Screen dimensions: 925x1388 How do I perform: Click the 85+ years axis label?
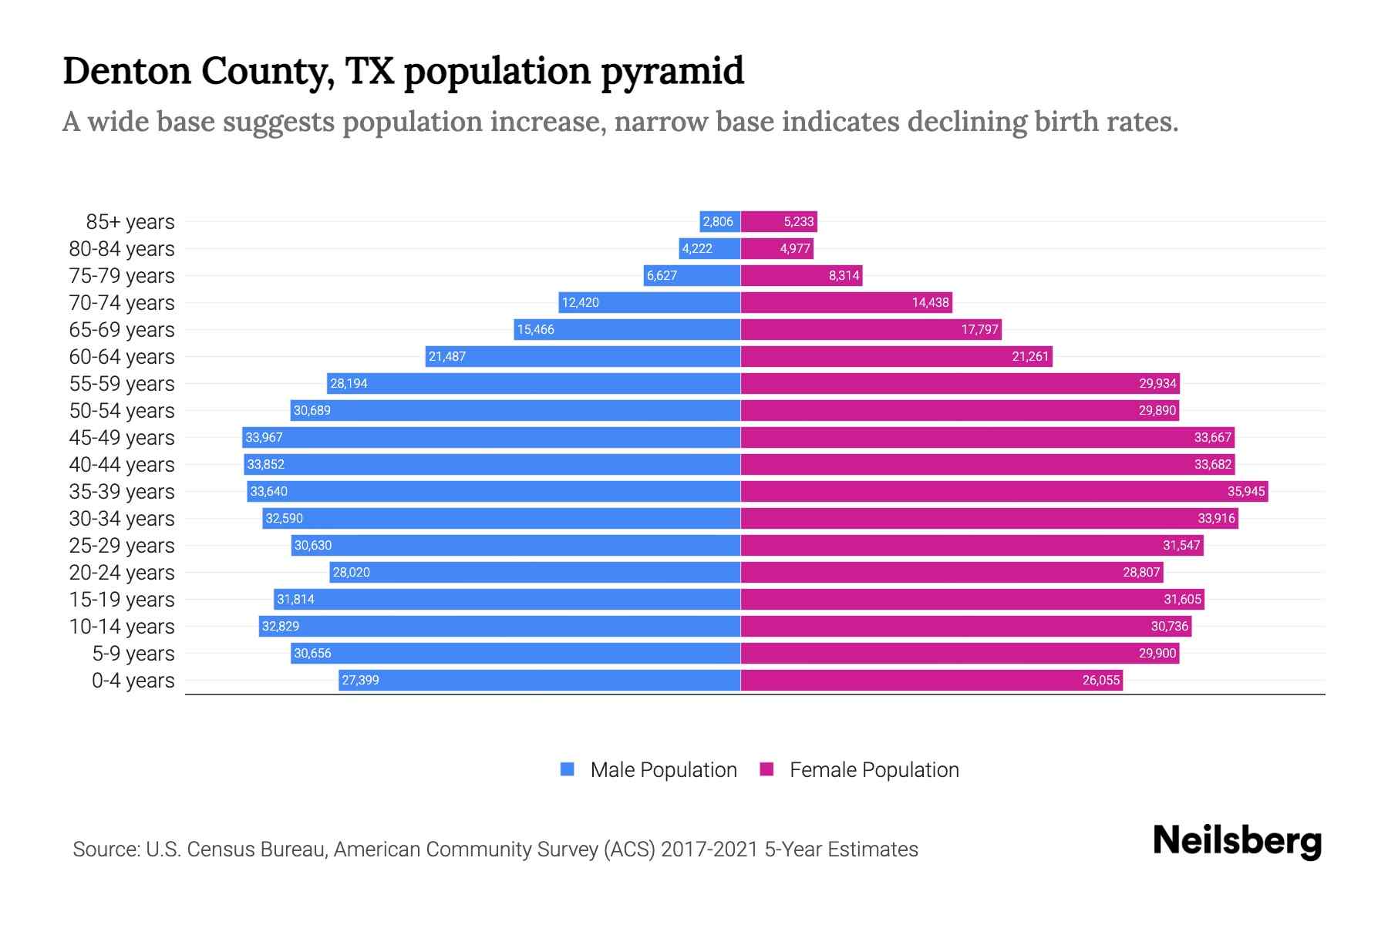(x=130, y=222)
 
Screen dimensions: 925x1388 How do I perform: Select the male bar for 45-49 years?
(x=491, y=438)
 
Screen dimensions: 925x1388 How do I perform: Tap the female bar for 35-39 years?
(x=1004, y=492)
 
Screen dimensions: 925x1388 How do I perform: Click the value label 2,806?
(x=718, y=222)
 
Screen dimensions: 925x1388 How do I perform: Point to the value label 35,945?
(x=1246, y=492)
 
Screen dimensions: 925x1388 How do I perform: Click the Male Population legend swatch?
(x=568, y=769)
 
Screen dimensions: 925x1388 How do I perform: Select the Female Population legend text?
(x=874, y=770)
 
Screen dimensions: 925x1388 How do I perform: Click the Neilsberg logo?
(x=1237, y=841)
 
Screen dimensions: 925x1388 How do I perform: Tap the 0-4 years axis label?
(x=133, y=681)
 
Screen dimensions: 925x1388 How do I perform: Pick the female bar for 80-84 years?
(x=777, y=249)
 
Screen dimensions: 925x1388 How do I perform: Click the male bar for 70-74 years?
(x=649, y=303)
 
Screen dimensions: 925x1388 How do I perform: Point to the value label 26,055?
(x=1100, y=681)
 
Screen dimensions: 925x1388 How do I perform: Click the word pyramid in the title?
(x=672, y=72)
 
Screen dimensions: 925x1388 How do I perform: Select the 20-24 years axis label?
(x=122, y=573)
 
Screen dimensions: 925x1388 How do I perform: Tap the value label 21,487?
(x=447, y=357)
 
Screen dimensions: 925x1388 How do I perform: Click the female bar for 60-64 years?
(x=896, y=357)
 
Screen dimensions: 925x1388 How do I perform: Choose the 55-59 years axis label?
(x=122, y=384)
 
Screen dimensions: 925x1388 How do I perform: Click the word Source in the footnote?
(x=106, y=849)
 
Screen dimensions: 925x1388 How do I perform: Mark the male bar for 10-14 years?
(x=499, y=627)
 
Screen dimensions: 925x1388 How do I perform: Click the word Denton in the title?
(x=126, y=71)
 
